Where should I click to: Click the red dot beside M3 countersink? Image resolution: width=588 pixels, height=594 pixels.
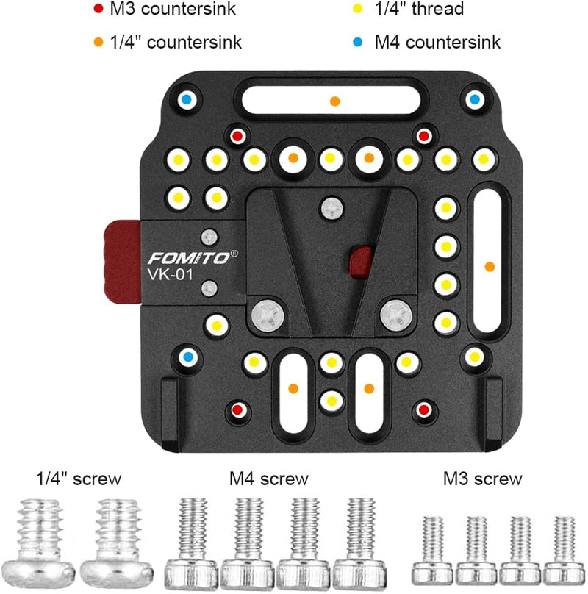pyautogui.click(x=98, y=10)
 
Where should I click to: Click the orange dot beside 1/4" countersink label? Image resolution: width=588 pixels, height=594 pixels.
pyautogui.click(x=98, y=42)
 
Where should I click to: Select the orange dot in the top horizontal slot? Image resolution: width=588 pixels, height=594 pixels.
pyautogui.click(x=334, y=101)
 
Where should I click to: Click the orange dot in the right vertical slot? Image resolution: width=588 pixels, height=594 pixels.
pyautogui.click(x=490, y=265)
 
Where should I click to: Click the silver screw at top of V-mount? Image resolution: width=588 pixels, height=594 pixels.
pyautogui.click(x=331, y=209)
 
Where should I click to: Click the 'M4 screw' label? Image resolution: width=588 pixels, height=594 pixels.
pyautogui.click(x=268, y=480)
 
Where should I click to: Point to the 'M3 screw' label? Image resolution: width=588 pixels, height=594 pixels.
pyautogui.click(x=482, y=480)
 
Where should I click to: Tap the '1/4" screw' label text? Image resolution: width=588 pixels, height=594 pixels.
pyautogui.click(x=78, y=480)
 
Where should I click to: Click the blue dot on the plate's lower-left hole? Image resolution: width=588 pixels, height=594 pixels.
pyautogui.click(x=188, y=357)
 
